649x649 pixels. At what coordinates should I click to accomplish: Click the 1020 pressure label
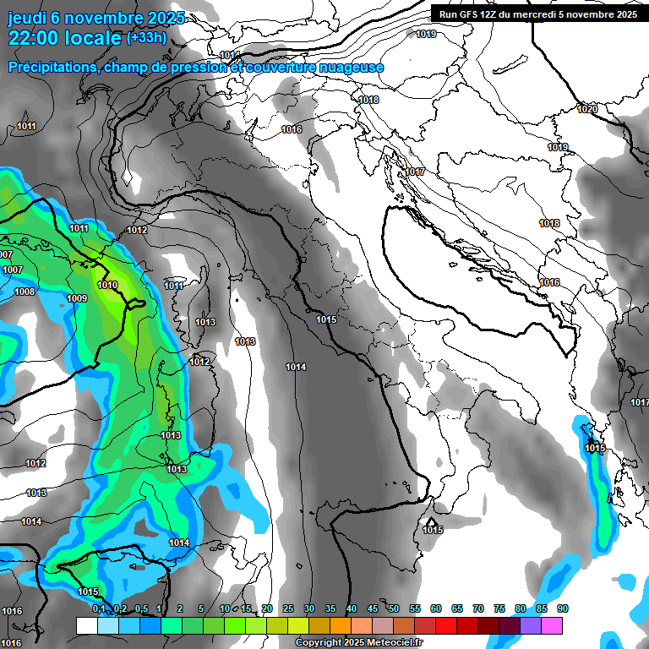pos(586,109)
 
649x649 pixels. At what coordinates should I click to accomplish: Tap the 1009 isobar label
pos(77,298)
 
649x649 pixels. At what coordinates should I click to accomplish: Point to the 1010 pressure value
pos(107,286)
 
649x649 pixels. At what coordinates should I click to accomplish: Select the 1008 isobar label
pos(25,292)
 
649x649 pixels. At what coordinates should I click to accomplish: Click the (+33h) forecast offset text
pos(146,38)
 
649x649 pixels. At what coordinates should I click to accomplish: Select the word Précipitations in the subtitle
pos(52,67)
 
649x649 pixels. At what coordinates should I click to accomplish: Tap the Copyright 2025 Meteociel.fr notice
pos(358,642)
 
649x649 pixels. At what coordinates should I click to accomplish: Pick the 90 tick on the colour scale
pos(562,608)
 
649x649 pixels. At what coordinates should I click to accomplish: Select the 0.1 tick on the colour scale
pos(99,608)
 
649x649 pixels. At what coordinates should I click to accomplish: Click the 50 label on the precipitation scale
pos(394,608)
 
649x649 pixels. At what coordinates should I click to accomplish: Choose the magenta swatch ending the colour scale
pos(552,625)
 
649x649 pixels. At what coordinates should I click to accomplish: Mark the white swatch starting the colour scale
pos(86,625)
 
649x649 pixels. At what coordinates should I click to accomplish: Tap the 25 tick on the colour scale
pos(288,608)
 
